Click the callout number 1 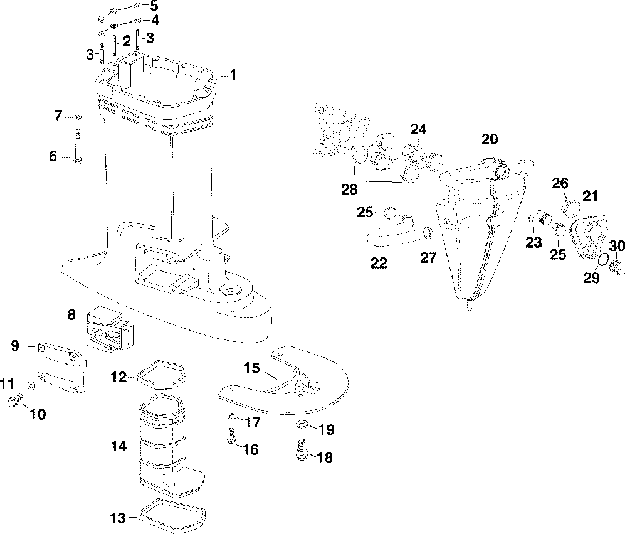233,75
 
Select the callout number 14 120,446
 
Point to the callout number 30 617,245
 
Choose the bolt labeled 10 14,402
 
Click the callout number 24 418,130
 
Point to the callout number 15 252,368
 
